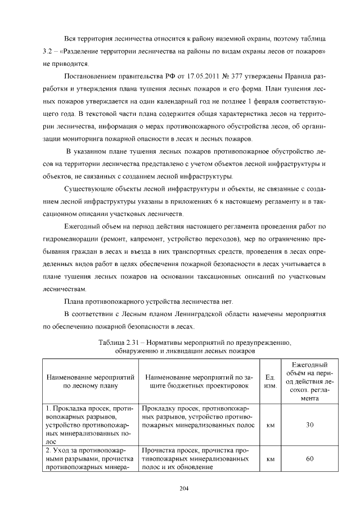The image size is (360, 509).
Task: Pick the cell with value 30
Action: tap(309, 425)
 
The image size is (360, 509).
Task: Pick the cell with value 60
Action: tap(309, 459)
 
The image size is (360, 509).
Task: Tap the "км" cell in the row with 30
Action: tap(269, 425)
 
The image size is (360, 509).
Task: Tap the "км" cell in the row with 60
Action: tap(269, 459)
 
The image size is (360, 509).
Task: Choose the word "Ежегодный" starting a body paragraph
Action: tap(85, 226)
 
